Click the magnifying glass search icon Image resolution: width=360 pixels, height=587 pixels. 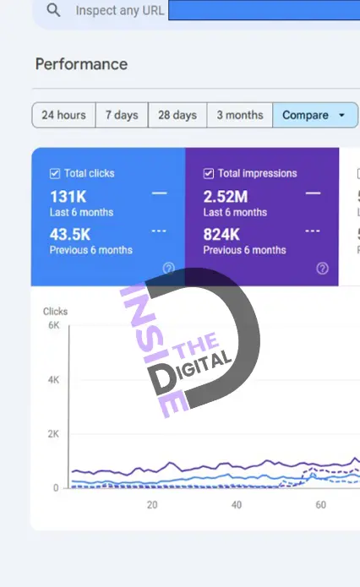(x=53, y=10)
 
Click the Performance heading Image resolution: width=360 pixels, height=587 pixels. (x=81, y=64)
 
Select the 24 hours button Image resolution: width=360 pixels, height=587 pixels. (x=63, y=115)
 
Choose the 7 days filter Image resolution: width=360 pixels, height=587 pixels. (x=122, y=115)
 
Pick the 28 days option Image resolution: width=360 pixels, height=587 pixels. (x=177, y=115)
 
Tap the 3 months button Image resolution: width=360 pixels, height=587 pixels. (x=240, y=115)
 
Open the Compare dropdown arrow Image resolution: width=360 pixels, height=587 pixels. (x=341, y=115)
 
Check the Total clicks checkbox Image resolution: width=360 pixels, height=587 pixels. (x=55, y=173)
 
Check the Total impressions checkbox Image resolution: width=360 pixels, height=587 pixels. (x=209, y=173)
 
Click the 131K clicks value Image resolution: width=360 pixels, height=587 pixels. (x=68, y=197)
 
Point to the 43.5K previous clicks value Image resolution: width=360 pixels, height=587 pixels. (x=70, y=234)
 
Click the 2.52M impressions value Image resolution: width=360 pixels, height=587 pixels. (x=226, y=197)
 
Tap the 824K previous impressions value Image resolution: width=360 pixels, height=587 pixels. (x=221, y=234)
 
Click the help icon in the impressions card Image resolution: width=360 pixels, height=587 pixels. (x=322, y=268)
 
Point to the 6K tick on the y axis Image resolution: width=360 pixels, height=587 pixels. (x=54, y=325)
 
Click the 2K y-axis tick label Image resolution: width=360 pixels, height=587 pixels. (x=53, y=434)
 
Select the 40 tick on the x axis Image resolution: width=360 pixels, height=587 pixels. (x=237, y=505)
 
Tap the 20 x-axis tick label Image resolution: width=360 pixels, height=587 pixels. (x=152, y=505)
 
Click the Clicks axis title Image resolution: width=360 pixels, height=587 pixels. (x=56, y=312)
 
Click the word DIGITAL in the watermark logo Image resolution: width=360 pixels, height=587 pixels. (x=190, y=374)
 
